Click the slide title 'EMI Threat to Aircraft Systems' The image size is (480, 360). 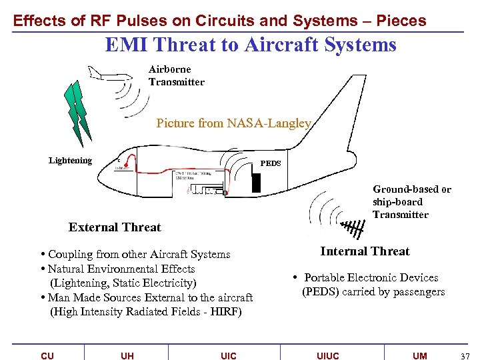tap(251, 45)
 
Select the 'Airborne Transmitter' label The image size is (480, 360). tap(176, 75)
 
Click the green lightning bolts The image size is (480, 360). tap(77, 111)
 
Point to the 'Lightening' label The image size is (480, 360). tap(70, 161)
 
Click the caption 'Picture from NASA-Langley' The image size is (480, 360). tap(233, 123)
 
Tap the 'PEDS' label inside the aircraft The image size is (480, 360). tap(270, 163)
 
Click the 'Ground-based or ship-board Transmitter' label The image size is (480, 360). tap(411, 202)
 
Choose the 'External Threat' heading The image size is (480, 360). tap(115, 227)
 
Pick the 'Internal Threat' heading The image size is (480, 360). tap(365, 251)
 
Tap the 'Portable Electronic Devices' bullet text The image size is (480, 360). tap(371, 278)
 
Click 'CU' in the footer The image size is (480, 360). tap(47, 355)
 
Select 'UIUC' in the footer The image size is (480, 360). tap(327, 355)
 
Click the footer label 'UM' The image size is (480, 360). tap(419, 355)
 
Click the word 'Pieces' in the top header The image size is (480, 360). tap(401, 21)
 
